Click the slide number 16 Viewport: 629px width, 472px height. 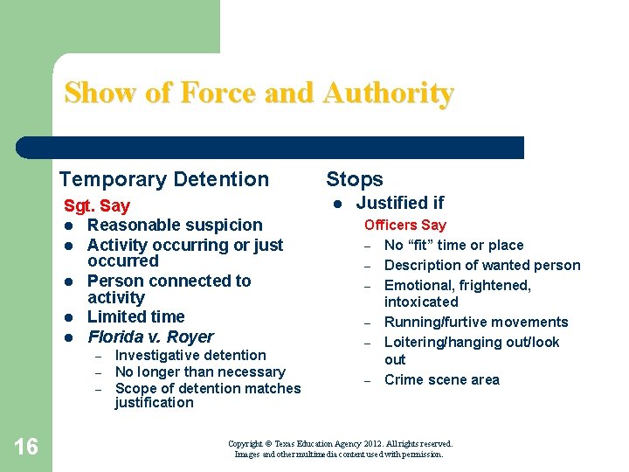click(x=26, y=447)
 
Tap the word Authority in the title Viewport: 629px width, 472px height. click(x=388, y=93)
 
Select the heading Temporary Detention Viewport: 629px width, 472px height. click(x=164, y=179)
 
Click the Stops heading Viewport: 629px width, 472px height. click(x=355, y=179)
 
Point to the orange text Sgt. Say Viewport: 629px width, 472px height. click(x=97, y=206)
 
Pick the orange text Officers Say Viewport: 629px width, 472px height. click(x=404, y=226)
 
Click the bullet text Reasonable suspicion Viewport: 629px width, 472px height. click(x=175, y=226)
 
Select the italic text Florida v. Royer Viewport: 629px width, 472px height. click(x=150, y=337)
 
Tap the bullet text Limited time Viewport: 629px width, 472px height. click(x=135, y=316)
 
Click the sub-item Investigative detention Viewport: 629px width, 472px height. click(x=190, y=355)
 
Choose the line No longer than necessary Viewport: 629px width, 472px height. click(x=200, y=371)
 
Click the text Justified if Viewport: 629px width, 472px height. click(x=400, y=203)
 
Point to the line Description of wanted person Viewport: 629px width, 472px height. click(x=482, y=265)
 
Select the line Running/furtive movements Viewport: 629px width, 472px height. click(x=476, y=322)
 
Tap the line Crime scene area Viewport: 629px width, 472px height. click(x=442, y=379)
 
